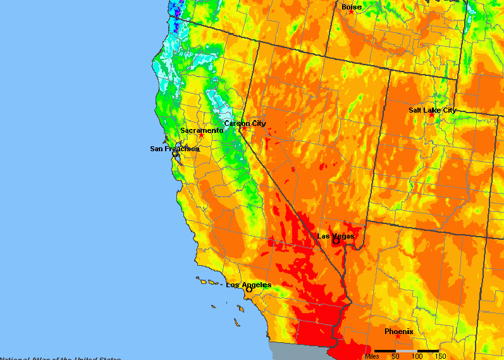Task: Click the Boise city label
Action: [x=352, y=7]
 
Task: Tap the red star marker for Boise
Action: [x=351, y=13]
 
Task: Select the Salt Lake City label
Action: [x=432, y=109]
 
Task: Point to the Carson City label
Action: [x=245, y=123]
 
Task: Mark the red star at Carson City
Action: [x=245, y=128]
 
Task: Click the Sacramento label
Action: [x=202, y=130]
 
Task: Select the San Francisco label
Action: [x=175, y=149]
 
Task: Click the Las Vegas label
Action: [x=336, y=235]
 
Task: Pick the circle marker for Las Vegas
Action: [x=336, y=241]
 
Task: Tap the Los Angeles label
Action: [x=249, y=285]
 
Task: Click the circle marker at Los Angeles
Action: [x=231, y=290]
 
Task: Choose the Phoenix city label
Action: [x=398, y=331]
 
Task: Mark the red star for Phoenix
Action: [x=398, y=337]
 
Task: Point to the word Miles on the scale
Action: [x=372, y=356]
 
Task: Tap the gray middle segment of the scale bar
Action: [x=406, y=351]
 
